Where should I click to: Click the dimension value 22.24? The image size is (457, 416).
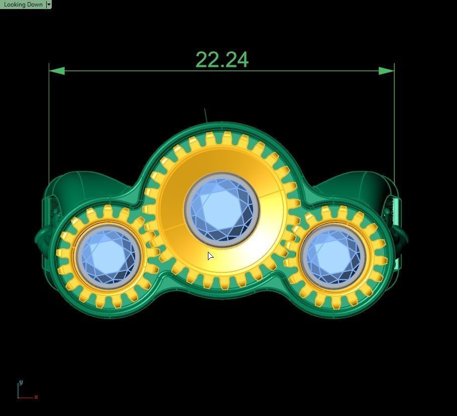point(221,60)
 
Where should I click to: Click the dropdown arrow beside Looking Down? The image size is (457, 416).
point(49,4)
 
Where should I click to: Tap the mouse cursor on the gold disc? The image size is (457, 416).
point(210,256)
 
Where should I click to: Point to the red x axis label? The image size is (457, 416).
point(36,397)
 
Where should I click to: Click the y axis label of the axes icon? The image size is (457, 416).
point(20,383)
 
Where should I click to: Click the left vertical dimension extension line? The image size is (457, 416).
point(49,126)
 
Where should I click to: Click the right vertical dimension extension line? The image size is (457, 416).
point(394,126)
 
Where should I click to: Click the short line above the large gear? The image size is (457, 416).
point(205,115)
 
